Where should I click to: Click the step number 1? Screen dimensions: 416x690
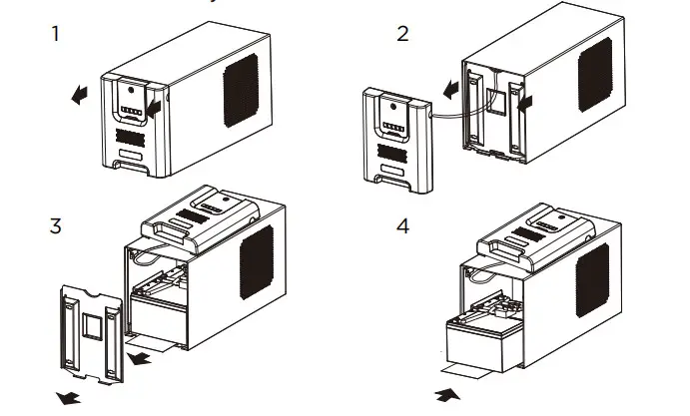(55, 34)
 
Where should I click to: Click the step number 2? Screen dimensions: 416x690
(402, 34)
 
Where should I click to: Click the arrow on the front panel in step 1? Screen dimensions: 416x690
(153, 105)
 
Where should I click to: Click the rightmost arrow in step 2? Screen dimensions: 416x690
(526, 101)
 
